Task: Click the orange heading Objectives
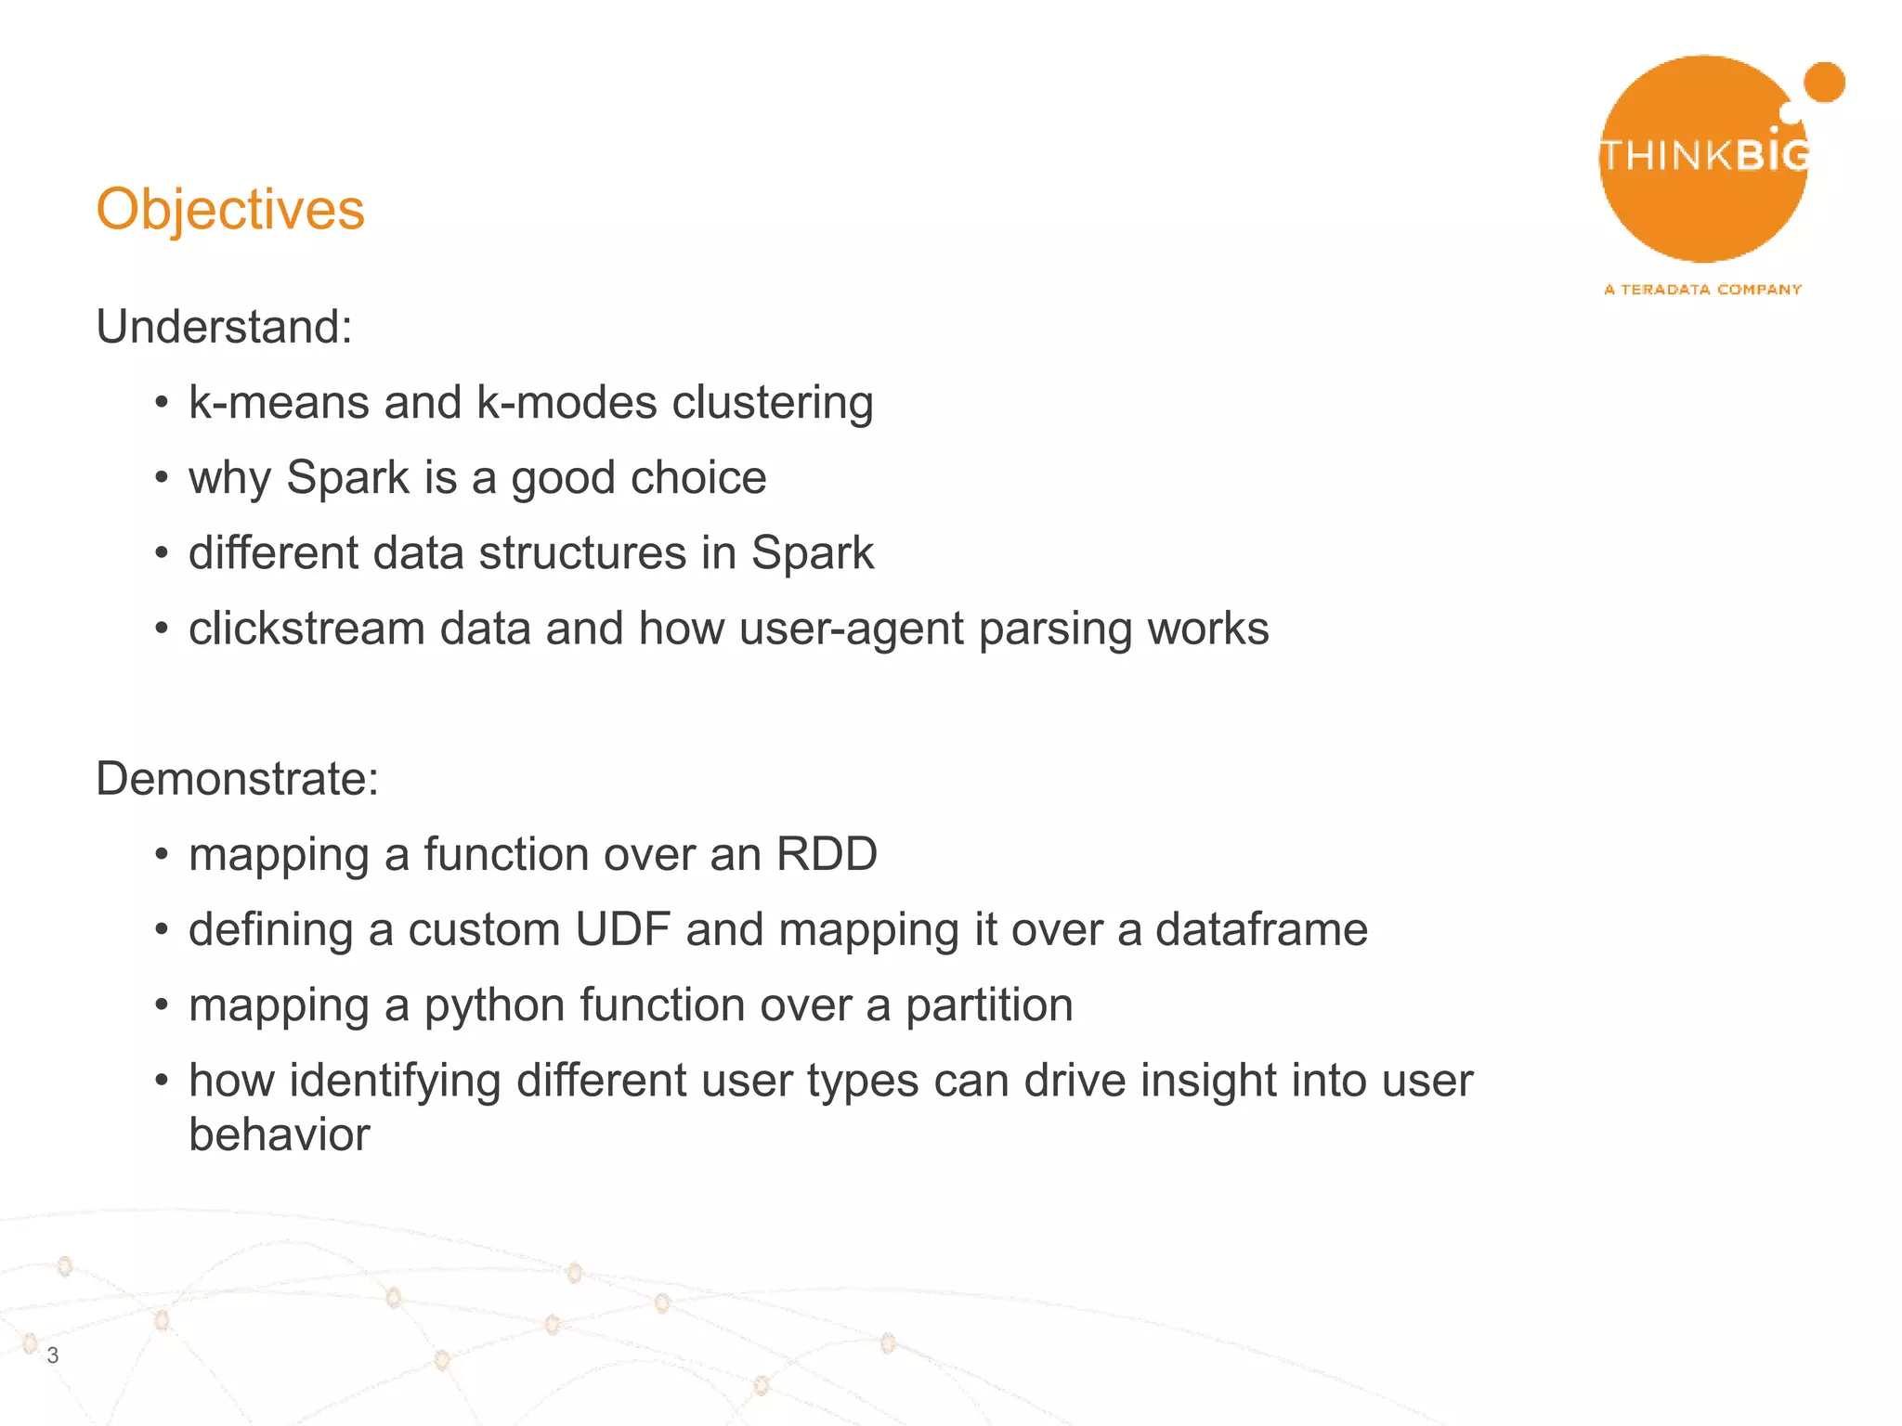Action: click(230, 210)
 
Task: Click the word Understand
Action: click(223, 327)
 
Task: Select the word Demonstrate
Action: click(237, 778)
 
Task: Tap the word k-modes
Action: click(567, 402)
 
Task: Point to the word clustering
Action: click(772, 404)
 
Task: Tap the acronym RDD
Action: click(827, 853)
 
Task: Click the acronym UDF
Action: click(622, 929)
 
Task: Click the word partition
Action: click(988, 1005)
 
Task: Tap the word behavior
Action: click(279, 1134)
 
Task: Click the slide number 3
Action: click(53, 1355)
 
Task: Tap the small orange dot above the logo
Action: click(1826, 82)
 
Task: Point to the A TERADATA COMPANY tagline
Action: click(1702, 290)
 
